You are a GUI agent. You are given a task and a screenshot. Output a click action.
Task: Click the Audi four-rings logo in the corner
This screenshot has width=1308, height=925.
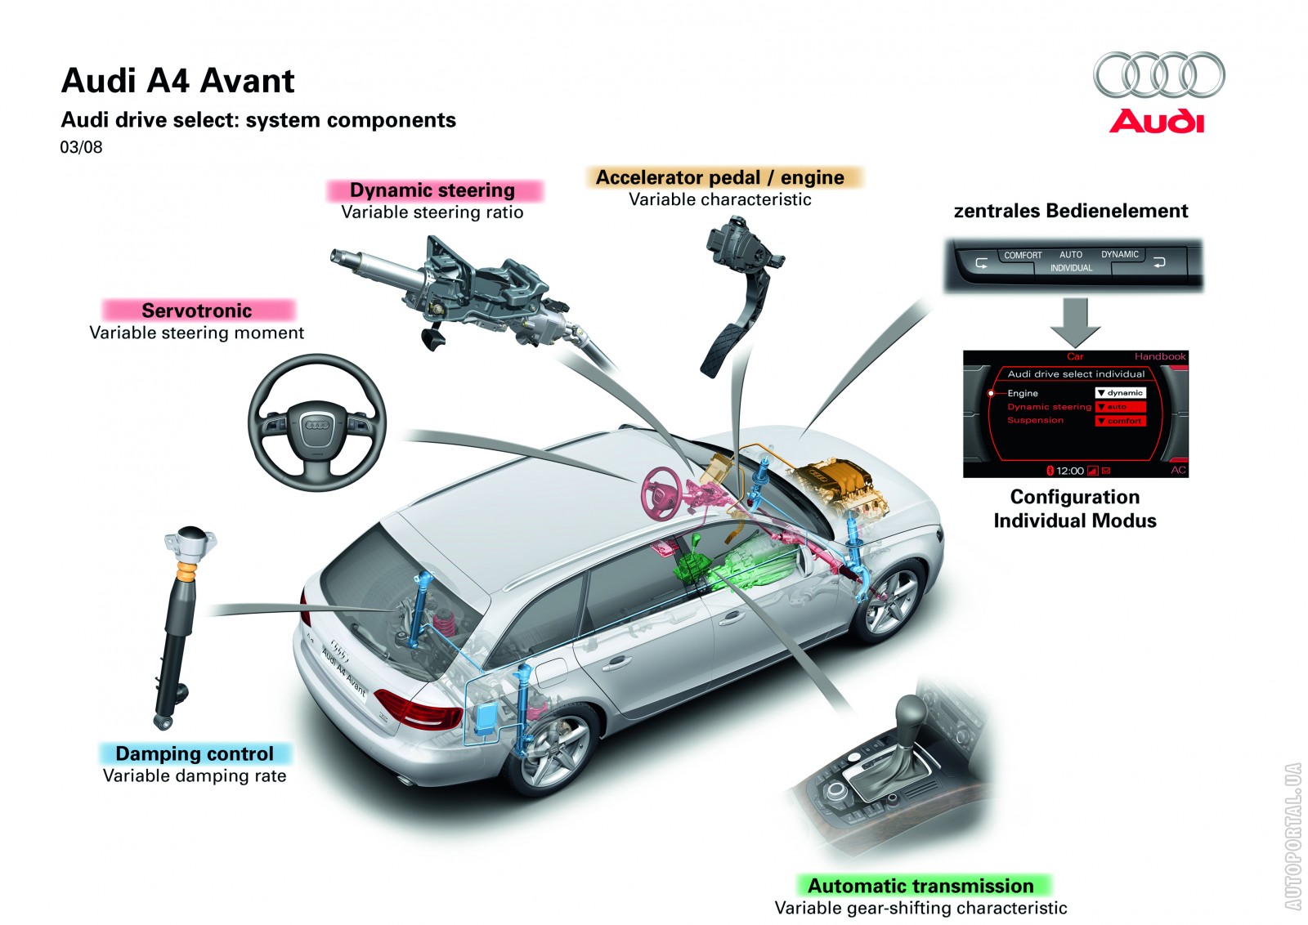(1159, 75)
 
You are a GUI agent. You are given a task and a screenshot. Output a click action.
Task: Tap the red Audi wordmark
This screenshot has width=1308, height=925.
(1156, 122)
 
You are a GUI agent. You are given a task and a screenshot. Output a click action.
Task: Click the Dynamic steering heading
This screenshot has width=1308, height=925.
(432, 190)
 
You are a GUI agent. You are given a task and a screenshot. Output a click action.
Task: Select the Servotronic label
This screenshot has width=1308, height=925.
(197, 311)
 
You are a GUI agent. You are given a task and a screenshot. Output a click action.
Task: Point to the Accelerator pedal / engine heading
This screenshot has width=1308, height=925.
(720, 177)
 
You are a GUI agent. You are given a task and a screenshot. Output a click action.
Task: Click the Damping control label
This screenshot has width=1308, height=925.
(195, 753)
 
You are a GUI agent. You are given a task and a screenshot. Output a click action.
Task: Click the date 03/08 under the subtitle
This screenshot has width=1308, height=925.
(81, 147)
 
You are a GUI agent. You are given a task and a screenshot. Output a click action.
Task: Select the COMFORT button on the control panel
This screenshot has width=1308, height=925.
(1023, 256)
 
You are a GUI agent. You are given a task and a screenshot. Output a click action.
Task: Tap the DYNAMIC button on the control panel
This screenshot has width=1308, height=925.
(1119, 254)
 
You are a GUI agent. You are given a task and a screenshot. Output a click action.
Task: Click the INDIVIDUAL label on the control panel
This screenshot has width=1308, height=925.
(1071, 269)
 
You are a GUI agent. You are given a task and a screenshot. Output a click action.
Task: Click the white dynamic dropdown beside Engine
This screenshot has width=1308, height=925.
(1120, 393)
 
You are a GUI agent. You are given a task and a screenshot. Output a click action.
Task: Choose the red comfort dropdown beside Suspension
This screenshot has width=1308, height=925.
(1120, 421)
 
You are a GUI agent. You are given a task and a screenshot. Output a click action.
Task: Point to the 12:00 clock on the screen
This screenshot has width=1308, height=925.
(1070, 471)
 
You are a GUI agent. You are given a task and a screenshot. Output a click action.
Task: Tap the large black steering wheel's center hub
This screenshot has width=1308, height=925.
(317, 424)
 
